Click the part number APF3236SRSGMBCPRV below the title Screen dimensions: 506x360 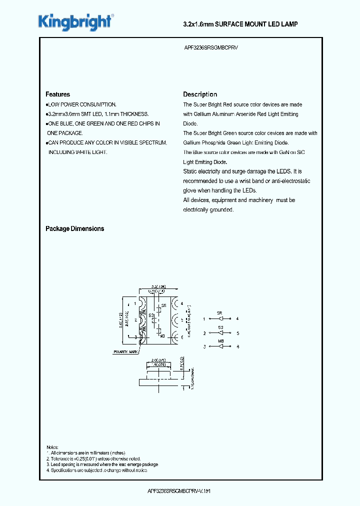[214, 49]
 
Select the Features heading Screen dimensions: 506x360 [57, 94]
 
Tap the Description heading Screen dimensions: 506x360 [200, 94]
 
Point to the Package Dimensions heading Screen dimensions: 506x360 [74, 228]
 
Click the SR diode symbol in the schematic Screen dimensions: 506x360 [219, 318]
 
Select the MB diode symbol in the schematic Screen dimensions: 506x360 [220, 346]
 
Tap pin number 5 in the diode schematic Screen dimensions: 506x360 [237, 332]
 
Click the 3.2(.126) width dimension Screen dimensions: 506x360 [159, 287]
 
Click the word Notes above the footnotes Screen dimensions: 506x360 [52, 447]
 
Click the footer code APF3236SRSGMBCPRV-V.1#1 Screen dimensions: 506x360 [180, 491]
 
